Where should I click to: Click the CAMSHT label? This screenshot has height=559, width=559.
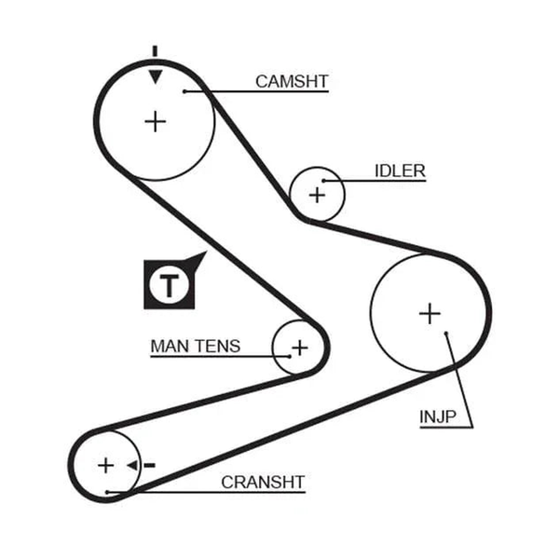pyautogui.click(x=292, y=82)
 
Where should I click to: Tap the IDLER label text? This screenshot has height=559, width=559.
pyautogui.click(x=400, y=171)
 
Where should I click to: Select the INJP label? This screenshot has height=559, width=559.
pyautogui.click(x=438, y=416)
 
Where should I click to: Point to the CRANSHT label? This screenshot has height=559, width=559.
pyautogui.click(x=263, y=483)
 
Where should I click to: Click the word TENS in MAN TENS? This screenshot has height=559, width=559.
pyautogui.click(x=219, y=347)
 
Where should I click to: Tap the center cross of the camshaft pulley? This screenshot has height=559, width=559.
pyautogui.click(x=155, y=121)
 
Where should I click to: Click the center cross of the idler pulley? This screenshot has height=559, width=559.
pyautogui.click(x=317, y=196)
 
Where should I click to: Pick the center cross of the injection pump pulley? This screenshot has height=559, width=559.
pyautogui.click(x=429, y=314)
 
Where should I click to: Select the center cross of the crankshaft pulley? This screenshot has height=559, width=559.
pyautogui.click(x=105, y=465)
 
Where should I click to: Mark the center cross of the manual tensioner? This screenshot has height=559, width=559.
pyautogui.click(x=299, y=348)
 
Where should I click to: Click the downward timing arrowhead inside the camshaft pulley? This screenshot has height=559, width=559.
pyautogui.click(x=156, y=76)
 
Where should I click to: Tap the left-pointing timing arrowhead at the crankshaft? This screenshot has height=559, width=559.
pyautogui.click(x=132, y=465)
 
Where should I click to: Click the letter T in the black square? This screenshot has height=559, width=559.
pyautogui.click(x=169, y=286)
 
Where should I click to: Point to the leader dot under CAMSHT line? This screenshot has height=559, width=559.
pyautogui.click(x=184, y=91)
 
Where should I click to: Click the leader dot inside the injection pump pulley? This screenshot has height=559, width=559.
pyautogui.click(x=446, y=334)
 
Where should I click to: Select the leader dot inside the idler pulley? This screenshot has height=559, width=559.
pyautogui.click(x=323, y=181)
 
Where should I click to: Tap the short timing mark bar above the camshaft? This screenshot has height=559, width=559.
pyautogui.click(x=155, y=51)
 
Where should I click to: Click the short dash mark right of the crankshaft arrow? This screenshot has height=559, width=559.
pyautogui.click(x=149, y=465)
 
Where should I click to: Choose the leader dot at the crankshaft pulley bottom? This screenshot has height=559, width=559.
pyautogui.click(x=106, y=492)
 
